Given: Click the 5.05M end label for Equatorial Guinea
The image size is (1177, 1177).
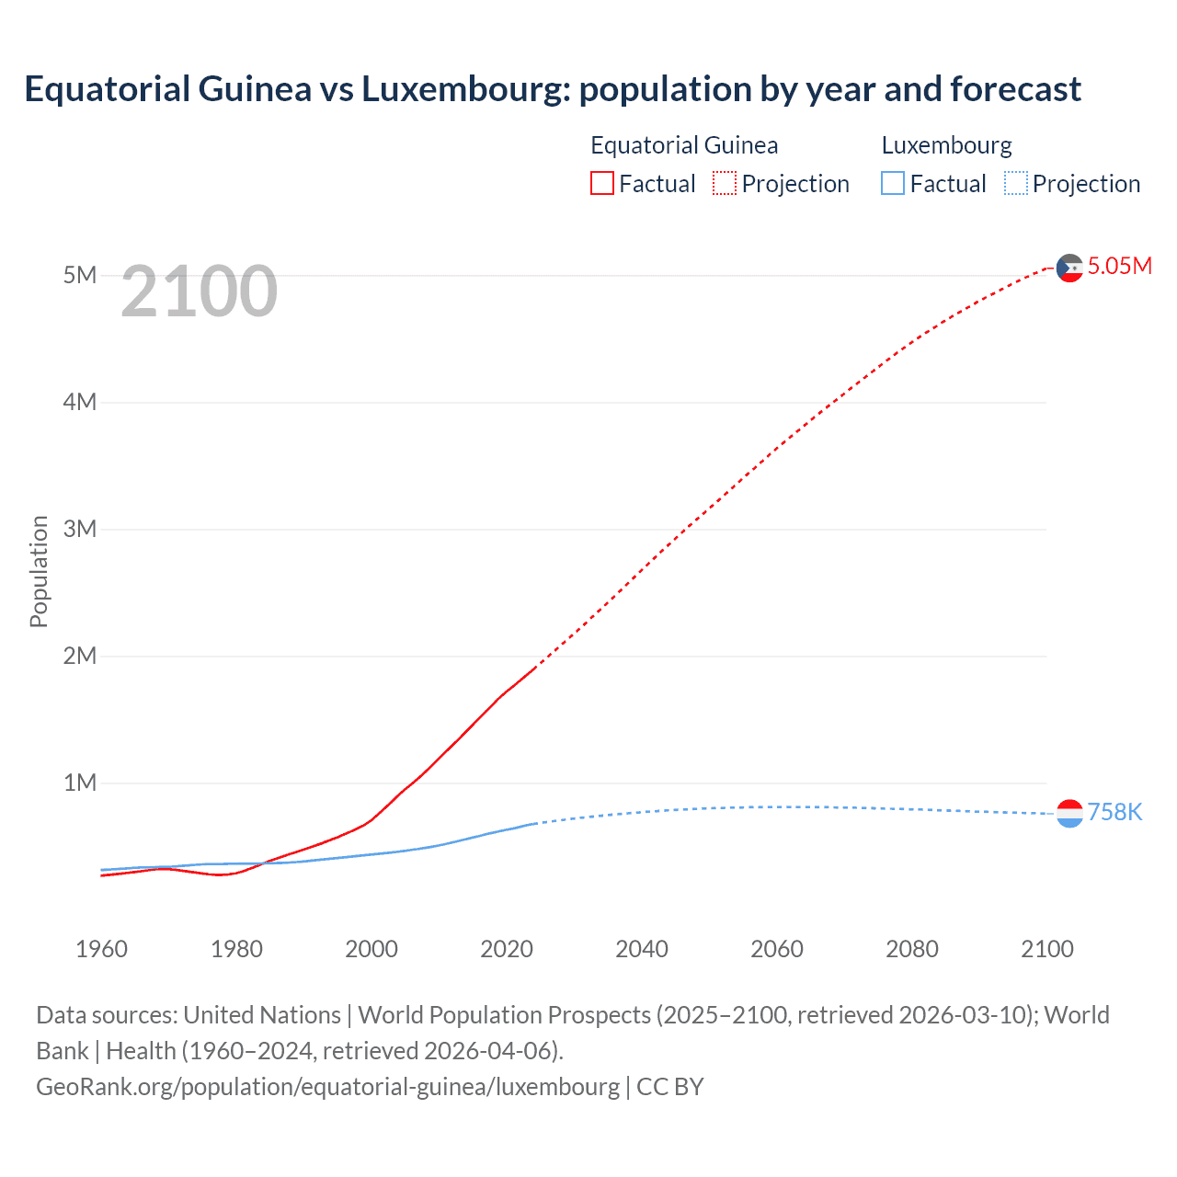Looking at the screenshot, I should (x=1119, y=267).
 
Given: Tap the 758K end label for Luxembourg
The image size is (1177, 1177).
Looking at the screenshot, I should (x=1114, y=813).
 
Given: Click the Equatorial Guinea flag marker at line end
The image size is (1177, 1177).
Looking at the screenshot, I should (x=1069, y=268).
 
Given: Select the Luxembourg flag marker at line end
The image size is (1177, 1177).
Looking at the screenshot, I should (x=1069, y=813).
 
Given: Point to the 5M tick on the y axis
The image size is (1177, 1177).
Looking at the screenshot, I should (x=80, y=275).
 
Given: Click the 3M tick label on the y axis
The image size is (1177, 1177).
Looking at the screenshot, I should (x=80, y=529).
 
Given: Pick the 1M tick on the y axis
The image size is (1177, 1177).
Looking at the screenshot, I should (x=80, y=783).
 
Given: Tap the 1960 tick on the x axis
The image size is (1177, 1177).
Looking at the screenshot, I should (x=101, y=949).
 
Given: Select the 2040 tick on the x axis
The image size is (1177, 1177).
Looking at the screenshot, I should (x=642, y=949).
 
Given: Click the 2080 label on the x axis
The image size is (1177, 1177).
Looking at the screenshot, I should (x=912, y=949).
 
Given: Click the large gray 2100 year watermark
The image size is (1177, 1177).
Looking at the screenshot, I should (x=199, y=291).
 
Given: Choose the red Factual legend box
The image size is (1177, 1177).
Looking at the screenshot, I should (x=602, y=184).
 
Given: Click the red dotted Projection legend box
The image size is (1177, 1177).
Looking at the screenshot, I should (x=725, y=184).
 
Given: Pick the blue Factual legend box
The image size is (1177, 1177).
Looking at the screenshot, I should (x=893, y=184).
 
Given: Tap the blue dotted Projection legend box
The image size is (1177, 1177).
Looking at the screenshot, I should (x=1016, y=184).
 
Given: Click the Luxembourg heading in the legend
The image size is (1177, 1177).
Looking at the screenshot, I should (x=946, y=145).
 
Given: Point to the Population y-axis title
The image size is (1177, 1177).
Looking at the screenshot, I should (x=39, y=571).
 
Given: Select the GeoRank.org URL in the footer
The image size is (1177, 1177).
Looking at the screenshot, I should (x=327, y=1087).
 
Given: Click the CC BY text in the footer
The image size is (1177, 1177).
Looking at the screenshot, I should (x=670, y=1087).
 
